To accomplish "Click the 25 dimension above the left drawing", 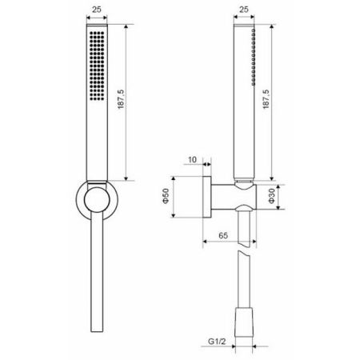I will click(96, 11).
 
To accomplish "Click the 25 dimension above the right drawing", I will click(243, 11).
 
